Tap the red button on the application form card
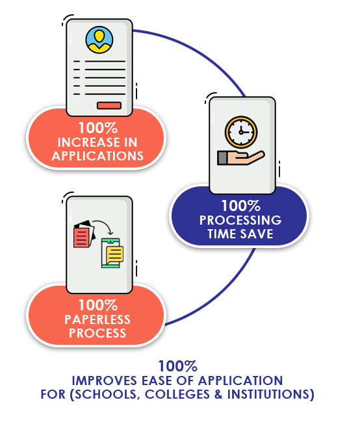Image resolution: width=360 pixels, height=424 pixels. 109,106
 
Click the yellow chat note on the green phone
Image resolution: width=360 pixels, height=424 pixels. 114,253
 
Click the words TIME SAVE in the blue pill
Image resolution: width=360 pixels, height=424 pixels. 240,234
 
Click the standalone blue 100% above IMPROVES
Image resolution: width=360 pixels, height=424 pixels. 177,366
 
